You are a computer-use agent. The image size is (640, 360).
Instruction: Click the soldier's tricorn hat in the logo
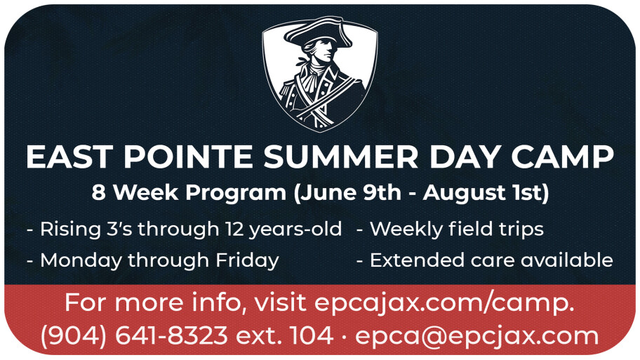pos(319,33)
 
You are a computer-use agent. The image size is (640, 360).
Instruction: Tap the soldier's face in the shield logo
pos(322,51)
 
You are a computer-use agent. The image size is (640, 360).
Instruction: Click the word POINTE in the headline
pos(188,156)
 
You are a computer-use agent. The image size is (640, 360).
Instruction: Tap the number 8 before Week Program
pos(98,193)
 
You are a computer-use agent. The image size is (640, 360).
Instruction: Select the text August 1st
pos(484,193)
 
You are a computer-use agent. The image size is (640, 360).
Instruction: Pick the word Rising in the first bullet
pos(69,229)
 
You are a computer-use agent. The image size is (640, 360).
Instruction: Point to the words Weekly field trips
pos(457,229)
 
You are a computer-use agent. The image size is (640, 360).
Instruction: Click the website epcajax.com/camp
pos(444,303)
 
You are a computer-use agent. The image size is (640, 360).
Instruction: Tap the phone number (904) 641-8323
pos(134,336)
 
